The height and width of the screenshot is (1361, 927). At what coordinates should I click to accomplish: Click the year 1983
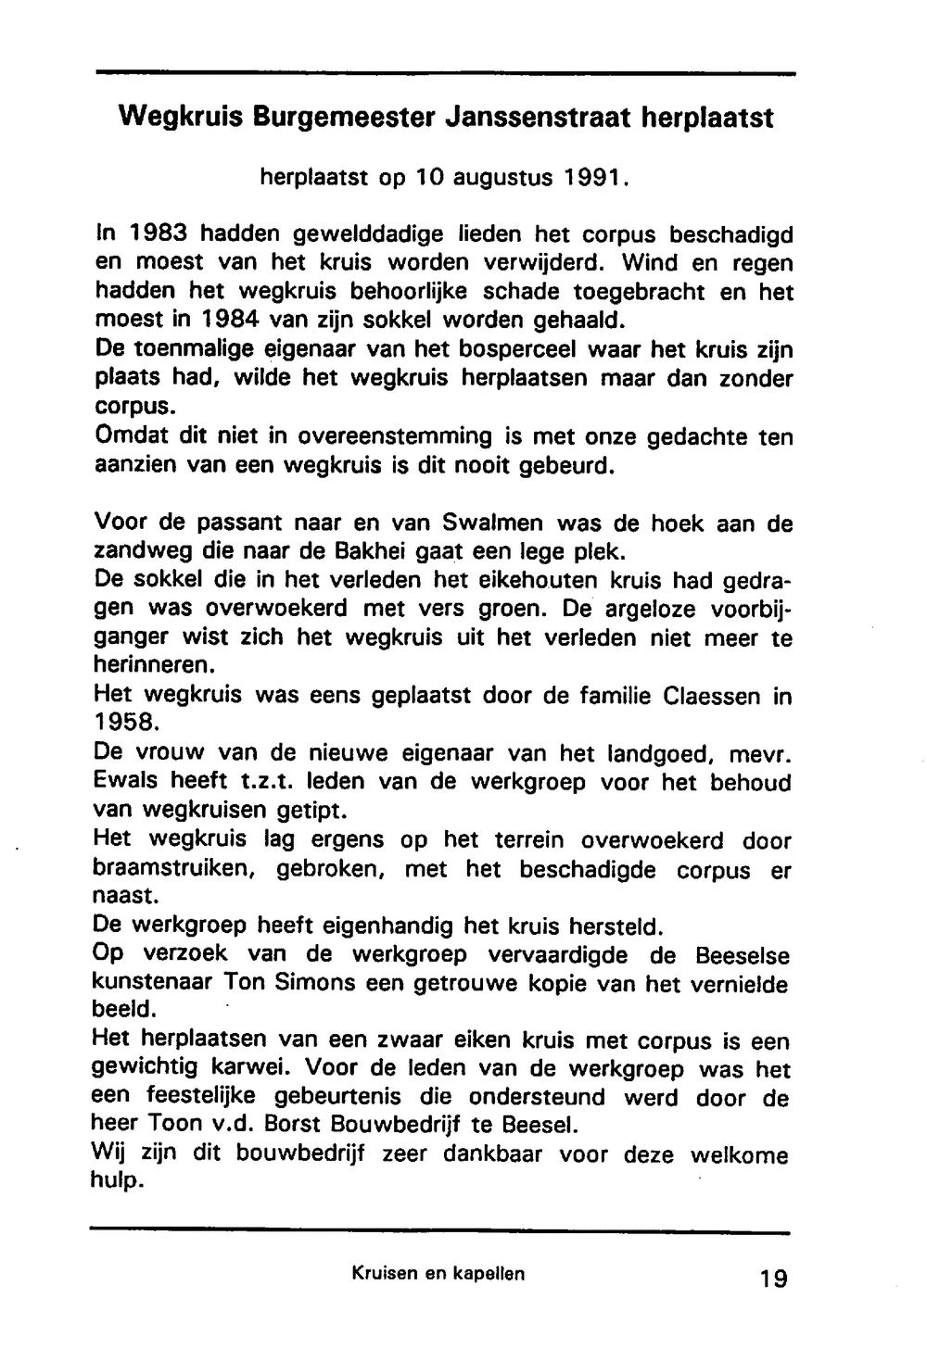(x=147, y=235)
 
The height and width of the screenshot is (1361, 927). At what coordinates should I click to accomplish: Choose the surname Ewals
(x=126, y=783)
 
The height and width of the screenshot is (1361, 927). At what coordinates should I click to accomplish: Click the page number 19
(x=772, y=1279)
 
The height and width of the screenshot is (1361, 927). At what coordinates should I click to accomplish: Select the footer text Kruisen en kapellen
(x=438, y=1274)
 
